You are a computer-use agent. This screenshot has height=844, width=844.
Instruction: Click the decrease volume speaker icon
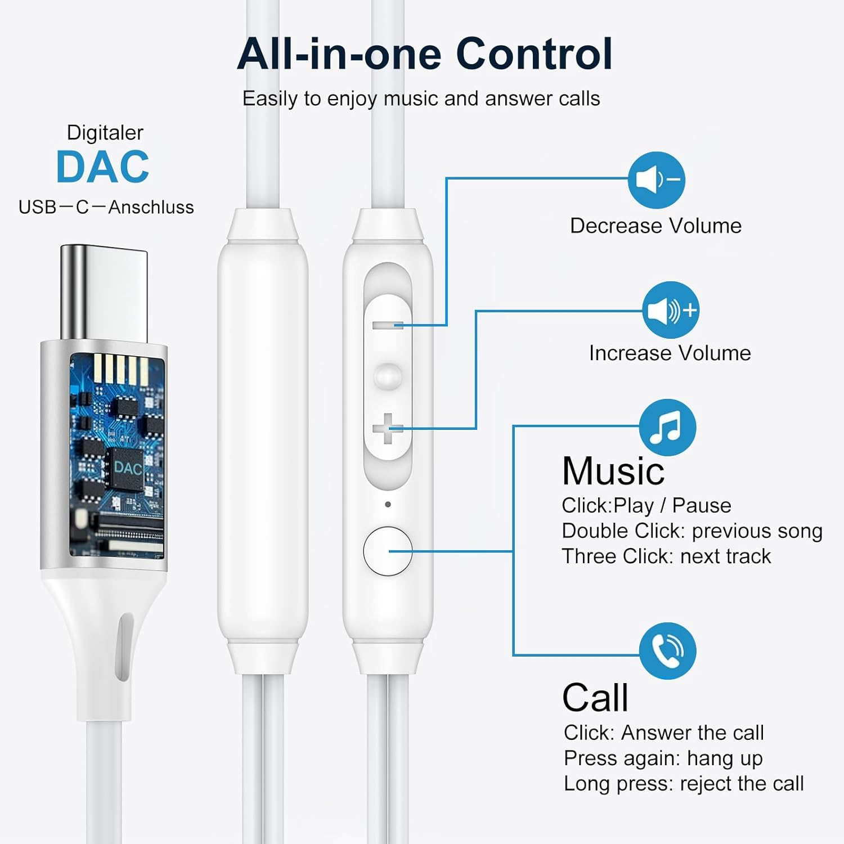[656, 180]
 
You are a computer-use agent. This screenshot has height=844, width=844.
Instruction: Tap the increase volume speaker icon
[671, 310]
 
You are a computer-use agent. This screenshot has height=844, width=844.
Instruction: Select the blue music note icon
[667, 428]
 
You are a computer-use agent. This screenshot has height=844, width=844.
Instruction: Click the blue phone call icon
[667, 651]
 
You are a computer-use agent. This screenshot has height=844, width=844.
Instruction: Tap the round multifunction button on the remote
[387, 551]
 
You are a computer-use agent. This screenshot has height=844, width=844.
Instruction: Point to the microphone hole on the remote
[388, 504]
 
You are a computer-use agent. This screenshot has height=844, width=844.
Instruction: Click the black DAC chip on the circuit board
[127, 468]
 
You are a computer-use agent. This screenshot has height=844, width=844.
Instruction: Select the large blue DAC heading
[102, 167]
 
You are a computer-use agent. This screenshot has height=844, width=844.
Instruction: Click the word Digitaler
[105, 133]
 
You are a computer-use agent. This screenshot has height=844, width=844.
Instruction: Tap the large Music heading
[613, 470]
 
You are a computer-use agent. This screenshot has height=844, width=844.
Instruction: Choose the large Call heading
[595, 698]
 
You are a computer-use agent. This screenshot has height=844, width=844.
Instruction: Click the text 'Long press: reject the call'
[684, 783]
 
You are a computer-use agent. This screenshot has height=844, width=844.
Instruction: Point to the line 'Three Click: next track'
[666, 556]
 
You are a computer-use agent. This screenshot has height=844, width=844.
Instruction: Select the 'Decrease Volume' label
[656, 226]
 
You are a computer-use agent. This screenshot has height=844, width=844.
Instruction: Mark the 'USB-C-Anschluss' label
[106, 207]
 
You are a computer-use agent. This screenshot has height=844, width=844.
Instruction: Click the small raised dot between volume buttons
[388, 376]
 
